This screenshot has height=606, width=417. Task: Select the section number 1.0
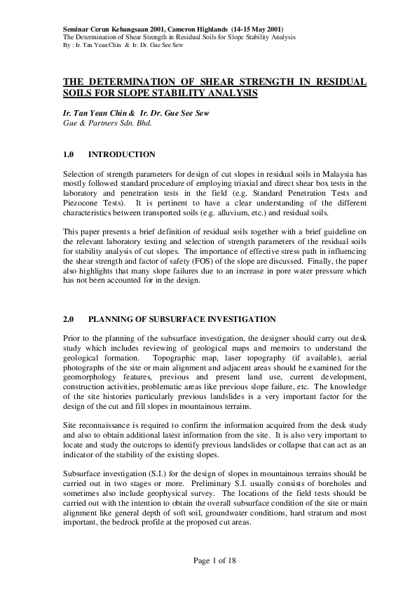coord(69,154)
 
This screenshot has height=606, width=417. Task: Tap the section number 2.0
coord(69,318)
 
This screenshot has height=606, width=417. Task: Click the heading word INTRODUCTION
coord(122,154)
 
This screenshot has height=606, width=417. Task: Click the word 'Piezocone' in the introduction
coord(81,200)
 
